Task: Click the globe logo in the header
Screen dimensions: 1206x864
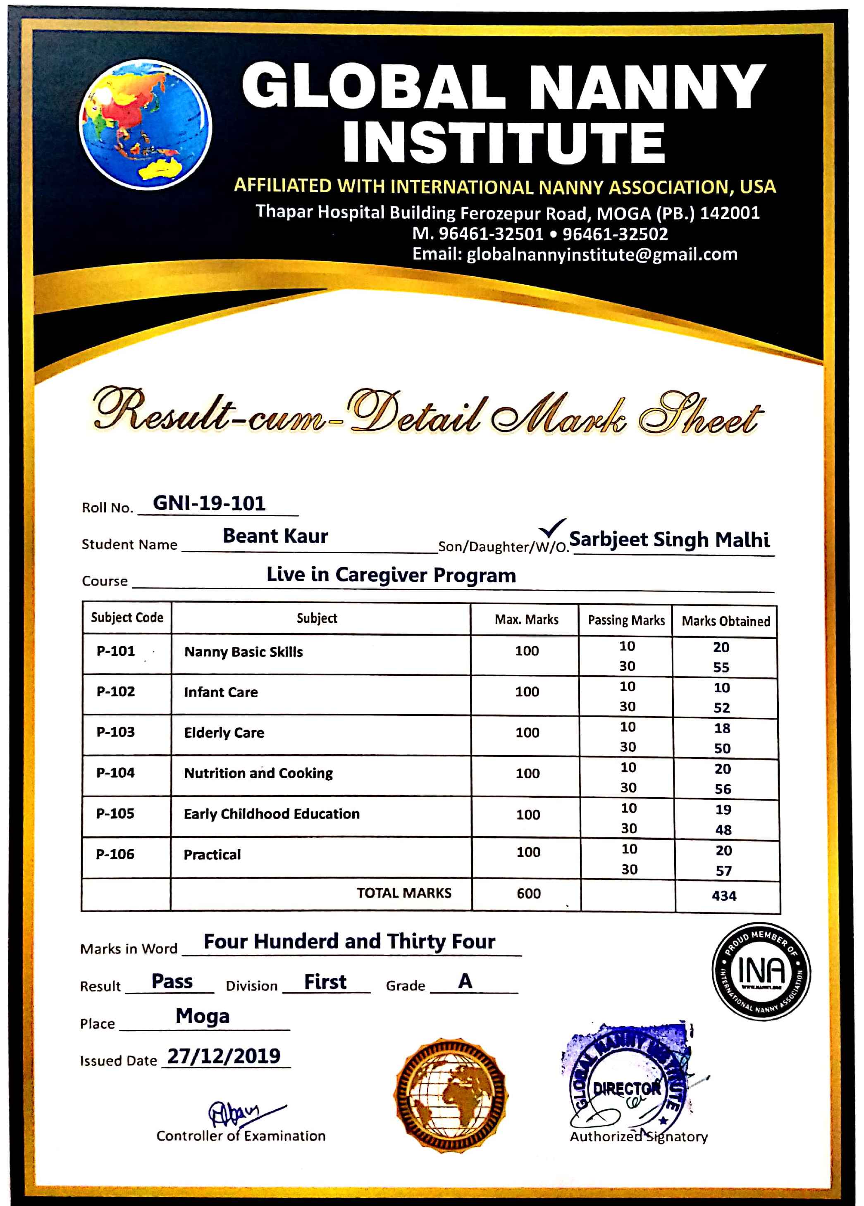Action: tap(145, 124)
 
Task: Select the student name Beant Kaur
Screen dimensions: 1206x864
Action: tap(275, 536)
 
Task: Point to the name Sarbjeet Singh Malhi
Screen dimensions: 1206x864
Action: tap(669, 540)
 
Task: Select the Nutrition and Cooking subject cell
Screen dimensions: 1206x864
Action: tap(258, 773)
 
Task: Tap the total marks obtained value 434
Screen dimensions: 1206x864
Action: tap(724, 896)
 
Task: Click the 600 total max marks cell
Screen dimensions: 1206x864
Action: tap(528, 894)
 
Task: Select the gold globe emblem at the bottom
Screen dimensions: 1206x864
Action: tap(451, 1095)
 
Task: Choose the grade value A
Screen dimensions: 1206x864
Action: tap(465, 981)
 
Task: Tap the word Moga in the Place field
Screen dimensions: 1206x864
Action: tap(203, 1016)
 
